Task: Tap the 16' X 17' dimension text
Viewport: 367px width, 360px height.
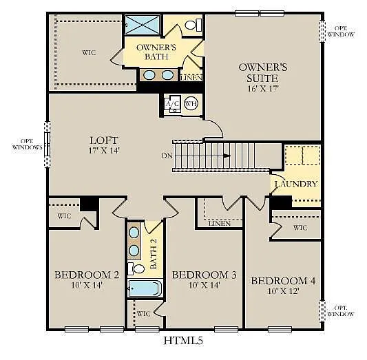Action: pyautogui.click(x=262, y=88)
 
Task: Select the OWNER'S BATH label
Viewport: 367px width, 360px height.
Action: pyautogui.click(x=156, y=52)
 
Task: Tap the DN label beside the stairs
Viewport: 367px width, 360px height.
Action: pyautogui.click(x=167, y=156)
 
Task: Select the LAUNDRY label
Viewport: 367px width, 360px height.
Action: pyautogui.click(x=296, y=184)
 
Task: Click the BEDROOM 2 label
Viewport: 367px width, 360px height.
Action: pyautogui.click(x=87, y=275)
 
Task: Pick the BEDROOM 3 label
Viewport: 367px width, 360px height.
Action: pyautogui.click(x=204, y=275)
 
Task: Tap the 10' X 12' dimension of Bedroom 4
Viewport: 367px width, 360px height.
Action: pyautogui.click(x=283, y=291)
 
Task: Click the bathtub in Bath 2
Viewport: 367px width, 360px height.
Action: pyautogui.click(x=144, y=288)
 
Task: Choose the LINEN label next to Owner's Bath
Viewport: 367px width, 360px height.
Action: pyautogui.click(x=191, y=78)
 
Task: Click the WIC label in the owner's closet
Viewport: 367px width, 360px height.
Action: pyautogui.click(x=87, y=52)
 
